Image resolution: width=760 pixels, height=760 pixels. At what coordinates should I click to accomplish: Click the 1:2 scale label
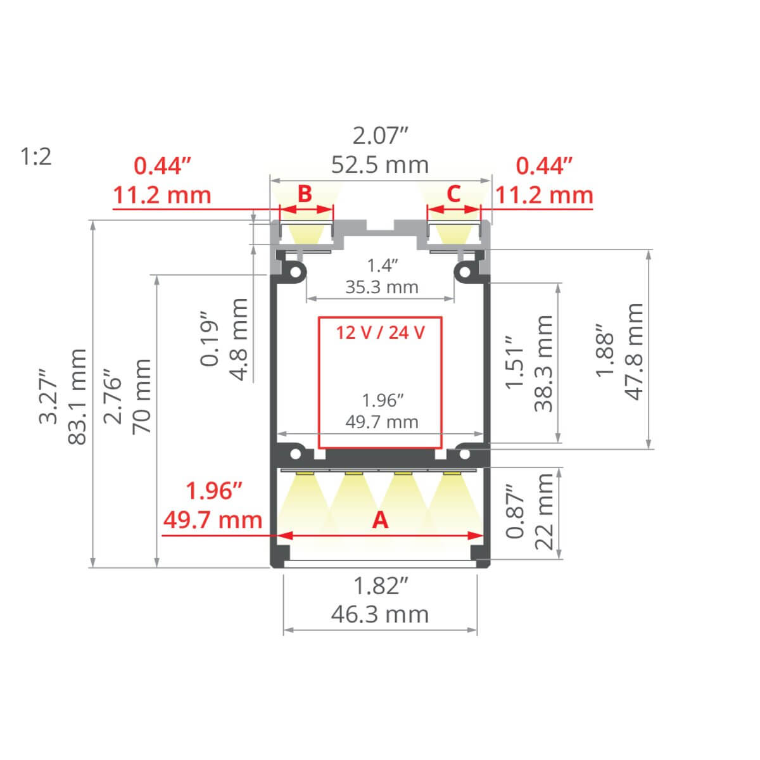point(36,156)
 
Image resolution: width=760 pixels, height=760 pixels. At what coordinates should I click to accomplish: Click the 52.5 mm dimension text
point(380,165)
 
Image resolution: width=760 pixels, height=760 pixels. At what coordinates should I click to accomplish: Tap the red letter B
point(305,193)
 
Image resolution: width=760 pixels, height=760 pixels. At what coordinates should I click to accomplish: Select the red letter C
point(453,193)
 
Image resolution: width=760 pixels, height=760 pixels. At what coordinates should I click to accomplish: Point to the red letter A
point(380,520)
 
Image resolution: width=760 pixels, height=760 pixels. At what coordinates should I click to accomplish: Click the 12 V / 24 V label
point(380,332)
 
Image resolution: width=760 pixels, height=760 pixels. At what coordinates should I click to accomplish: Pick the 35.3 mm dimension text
point(381,287)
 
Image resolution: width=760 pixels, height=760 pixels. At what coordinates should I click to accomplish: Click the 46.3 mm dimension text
point(380,614)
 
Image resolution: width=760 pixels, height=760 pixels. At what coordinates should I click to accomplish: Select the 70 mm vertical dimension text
point(141,396)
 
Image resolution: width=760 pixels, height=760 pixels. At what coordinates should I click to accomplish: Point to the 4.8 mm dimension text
point(239,339)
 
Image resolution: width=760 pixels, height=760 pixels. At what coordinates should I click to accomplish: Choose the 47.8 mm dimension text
point(635,351)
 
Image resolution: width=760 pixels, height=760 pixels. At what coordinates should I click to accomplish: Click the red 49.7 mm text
point(213,520)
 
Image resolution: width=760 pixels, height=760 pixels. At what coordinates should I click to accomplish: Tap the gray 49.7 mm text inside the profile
point(382,421)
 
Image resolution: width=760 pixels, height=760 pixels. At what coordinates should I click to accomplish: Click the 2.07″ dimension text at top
point(380,136)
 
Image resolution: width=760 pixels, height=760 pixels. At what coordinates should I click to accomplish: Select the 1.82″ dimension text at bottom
point(380,586)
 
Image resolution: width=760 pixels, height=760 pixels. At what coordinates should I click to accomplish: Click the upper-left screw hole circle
point(295,272)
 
